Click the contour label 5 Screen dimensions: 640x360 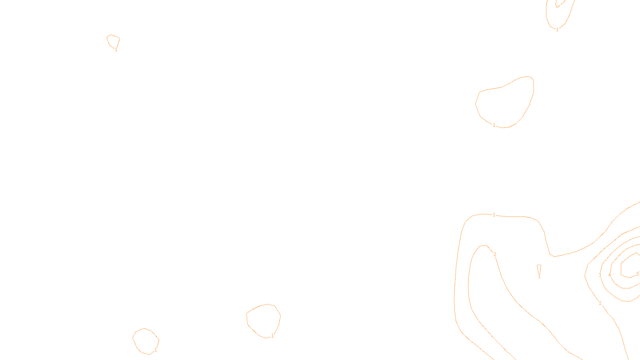pos(637,274)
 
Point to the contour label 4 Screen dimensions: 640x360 pos(609,275)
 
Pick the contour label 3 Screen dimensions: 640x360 pos(600,275)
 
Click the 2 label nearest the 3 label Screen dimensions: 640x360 pos(600,303)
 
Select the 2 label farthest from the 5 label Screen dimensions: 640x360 pos(495,254)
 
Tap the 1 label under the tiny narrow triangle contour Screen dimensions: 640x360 pos(539,276)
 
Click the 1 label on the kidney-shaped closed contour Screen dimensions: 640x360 pos(494,125)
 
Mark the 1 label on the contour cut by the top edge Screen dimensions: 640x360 pos(557,29)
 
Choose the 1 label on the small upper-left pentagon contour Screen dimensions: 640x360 pos(116,50)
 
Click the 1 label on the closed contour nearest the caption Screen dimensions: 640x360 pos(272,336)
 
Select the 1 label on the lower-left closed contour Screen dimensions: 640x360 pos(156,350)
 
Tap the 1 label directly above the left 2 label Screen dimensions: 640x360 pos(494,215)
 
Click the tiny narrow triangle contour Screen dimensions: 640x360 pos(539,268)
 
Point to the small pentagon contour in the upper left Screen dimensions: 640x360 pos(113,41)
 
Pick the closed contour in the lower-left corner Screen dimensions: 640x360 pos(146,341)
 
